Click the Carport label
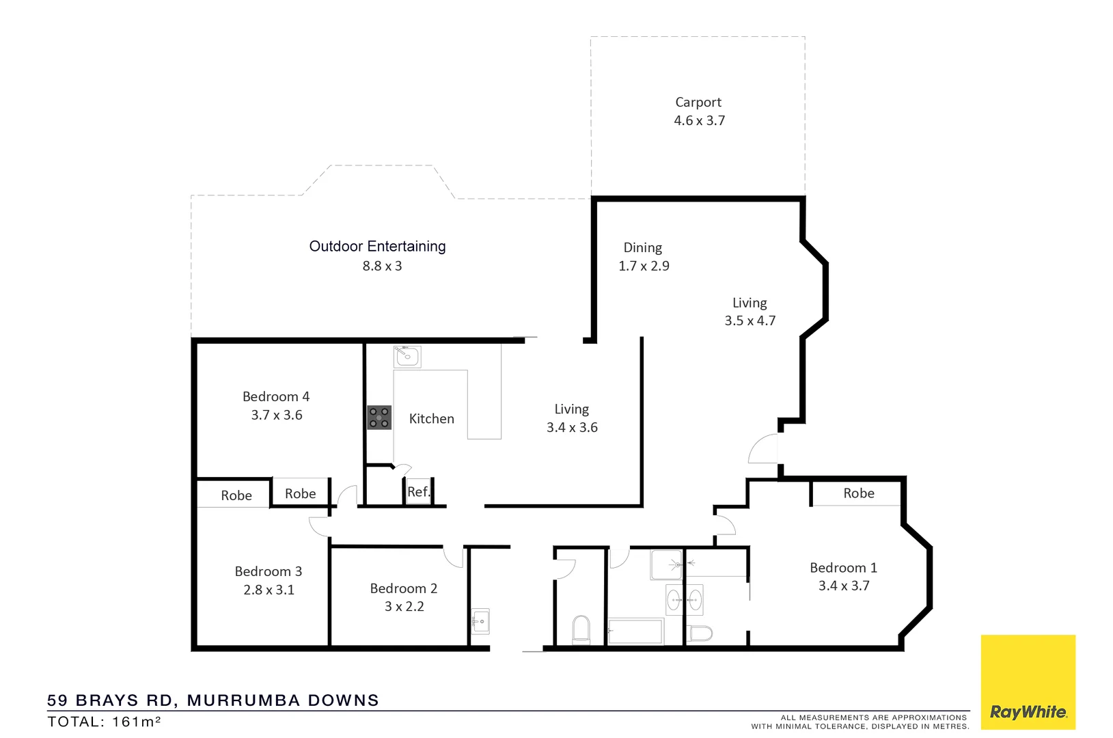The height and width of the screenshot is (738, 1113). click(698, 102)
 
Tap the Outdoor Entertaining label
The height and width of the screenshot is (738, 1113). click(377, 247)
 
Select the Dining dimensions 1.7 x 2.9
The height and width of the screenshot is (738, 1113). click(644, 266)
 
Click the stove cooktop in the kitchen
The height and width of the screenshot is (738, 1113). click(379, 418)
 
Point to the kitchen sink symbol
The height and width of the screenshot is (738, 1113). click(407, 357)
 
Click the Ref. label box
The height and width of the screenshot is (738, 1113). click(418, 491)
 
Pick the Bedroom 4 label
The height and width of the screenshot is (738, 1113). click(276, 397)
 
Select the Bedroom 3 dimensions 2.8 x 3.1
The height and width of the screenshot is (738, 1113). click(269, 590)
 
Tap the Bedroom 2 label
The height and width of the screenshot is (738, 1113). click(404, 588)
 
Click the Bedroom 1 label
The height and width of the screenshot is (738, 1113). click(843, 568)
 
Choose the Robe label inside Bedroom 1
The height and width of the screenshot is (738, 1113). click(858, 493)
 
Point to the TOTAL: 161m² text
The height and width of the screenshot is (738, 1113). click(104, 722)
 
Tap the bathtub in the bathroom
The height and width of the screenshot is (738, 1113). click(635, 631)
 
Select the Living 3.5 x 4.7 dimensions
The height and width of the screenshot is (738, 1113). click(750, 321)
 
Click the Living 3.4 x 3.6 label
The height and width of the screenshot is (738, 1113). click(571, 410)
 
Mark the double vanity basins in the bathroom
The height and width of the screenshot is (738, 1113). click(684, 600)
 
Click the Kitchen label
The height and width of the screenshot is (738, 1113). click(431, 419)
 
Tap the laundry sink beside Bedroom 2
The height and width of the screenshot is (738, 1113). click(480, 621)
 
